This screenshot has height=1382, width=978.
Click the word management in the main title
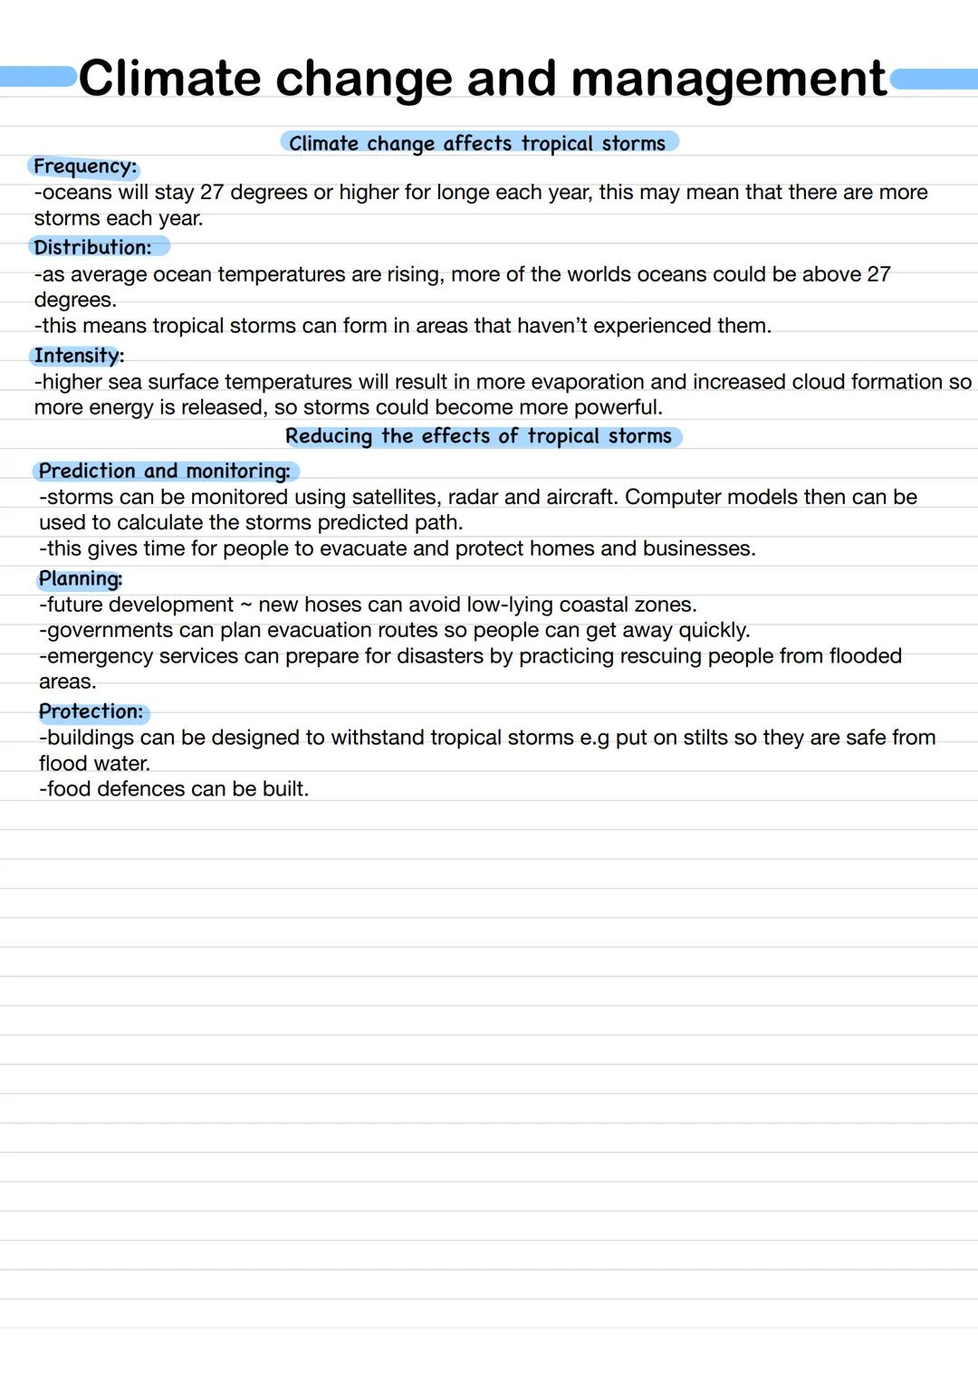pos(728,79)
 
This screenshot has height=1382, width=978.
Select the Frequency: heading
pos(85,167)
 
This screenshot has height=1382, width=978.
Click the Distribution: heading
pos(93,247)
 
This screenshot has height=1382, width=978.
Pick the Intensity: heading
pos(79,356)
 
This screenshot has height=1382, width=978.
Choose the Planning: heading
pos(81,579)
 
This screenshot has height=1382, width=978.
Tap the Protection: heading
pos(91,711)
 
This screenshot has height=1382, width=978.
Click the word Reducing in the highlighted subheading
pos(329,436)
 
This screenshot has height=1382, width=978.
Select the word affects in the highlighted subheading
pos(477,143)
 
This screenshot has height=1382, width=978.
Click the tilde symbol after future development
pos(245,605)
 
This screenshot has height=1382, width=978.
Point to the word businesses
pos(698,548)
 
